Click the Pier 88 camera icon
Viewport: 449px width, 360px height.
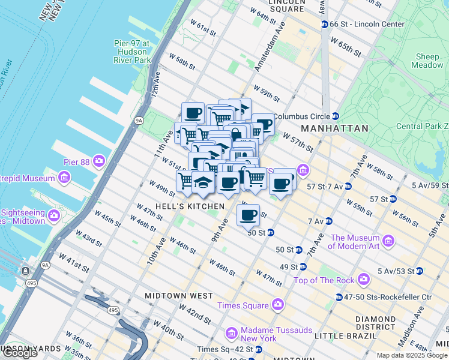coord(98,161)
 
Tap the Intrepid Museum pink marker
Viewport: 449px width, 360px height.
coord(64,178)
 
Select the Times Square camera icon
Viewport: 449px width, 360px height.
coord(277,305)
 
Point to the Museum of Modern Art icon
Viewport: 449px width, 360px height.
coord(388,241)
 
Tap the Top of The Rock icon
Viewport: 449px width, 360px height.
coord(363,280)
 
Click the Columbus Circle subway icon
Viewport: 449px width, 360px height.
coord(336,116)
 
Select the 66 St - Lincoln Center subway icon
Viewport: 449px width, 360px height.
coord(324,24)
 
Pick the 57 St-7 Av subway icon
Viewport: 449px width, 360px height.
coord(348,187)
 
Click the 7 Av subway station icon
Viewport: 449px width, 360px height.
coord(328,221)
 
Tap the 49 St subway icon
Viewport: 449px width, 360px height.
coord(303,266)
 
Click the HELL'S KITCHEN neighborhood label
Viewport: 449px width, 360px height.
coord(190,206)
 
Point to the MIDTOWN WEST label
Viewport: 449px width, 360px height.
coord(178,296)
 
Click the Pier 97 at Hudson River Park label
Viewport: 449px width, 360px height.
coord(132,52)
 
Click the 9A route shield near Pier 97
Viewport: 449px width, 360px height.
coord(139,121)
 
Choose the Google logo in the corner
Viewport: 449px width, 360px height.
coord(20,353)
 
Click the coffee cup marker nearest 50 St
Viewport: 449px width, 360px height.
coord(248,215)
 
